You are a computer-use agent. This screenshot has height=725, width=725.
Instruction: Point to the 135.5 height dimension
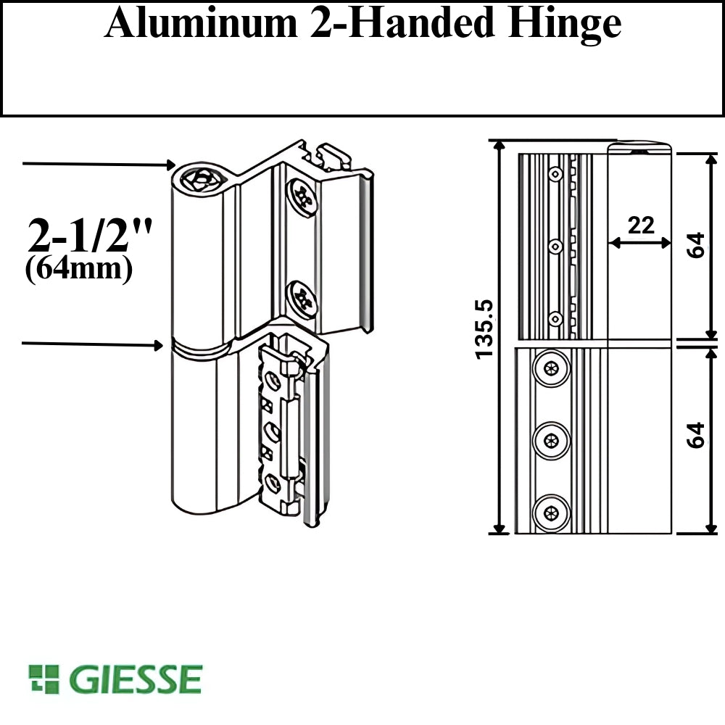[x=484, y=328]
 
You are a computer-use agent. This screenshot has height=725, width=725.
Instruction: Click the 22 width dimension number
[x=641, y=225]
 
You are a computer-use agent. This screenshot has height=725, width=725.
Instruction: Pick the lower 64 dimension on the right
[x=695, y=434]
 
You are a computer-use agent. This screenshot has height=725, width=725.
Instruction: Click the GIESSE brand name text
[x=136, y=679]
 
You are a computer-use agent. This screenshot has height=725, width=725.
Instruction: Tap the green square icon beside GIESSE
[x=43, y=679]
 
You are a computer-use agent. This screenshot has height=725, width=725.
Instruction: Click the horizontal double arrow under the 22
[x=639, y=243]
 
